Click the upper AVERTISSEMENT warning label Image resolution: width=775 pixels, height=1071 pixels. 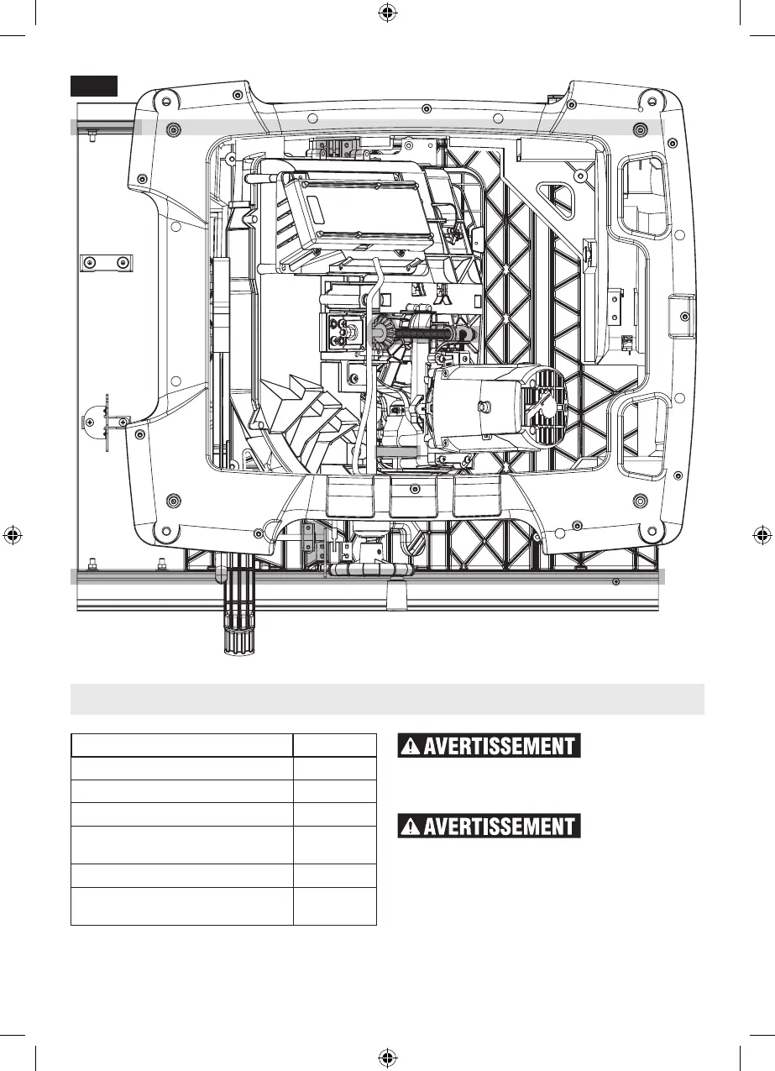[489, 746]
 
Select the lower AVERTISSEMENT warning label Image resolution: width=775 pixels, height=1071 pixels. [489, 826]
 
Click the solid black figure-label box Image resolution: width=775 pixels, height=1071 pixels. [93, 86]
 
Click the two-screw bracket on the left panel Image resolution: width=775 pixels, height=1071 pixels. [104, 263]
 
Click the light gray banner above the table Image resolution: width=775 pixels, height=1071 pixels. [387, 699]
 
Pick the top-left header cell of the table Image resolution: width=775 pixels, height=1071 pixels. [182, 745]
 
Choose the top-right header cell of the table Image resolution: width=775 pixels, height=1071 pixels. [334, 745]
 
